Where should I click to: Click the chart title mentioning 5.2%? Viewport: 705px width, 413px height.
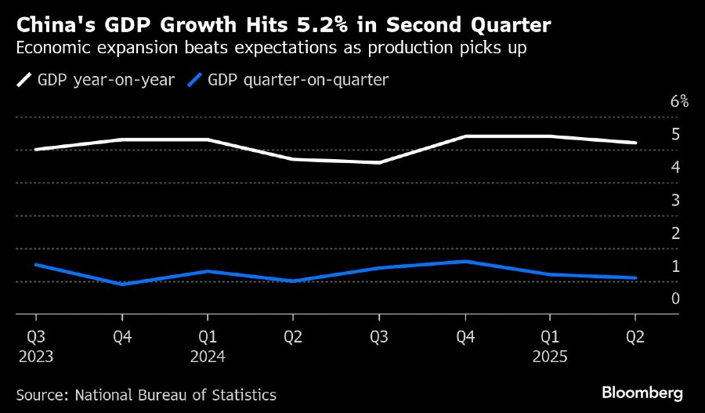coord(283,26)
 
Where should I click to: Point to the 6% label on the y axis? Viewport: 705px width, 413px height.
coord(679,101)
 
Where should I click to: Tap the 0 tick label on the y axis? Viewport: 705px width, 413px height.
coord(675,299)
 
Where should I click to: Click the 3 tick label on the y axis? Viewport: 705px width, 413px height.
coord(675,200)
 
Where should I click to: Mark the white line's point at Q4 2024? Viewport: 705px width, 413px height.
coord(465,136)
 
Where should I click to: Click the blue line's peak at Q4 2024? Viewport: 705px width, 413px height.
coord(465,262)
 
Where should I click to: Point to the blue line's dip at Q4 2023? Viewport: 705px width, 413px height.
coord(121,284)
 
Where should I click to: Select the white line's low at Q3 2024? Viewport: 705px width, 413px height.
coord(379,163)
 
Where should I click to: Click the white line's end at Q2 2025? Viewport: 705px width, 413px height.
coord(635,143)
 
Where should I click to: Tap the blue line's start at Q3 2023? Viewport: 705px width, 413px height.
coord(36,265)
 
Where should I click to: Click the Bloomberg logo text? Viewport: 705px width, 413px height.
coord(642,392)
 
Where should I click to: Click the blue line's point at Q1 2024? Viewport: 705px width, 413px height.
coord(208,271)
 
